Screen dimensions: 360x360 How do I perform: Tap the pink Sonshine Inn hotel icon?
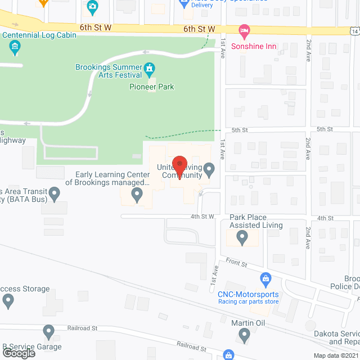(244, 30)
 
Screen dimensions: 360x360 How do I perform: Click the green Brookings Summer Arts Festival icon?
(149, 70)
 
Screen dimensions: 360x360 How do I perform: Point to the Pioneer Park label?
(151, 87)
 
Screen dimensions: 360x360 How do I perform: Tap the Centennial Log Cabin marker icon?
(16, 49)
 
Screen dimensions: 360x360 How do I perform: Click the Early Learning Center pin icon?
(137, 195)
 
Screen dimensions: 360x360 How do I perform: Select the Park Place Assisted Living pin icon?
(242, 238)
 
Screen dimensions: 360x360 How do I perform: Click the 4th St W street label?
(202, 217)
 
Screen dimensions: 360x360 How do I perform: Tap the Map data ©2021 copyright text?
(335, 355)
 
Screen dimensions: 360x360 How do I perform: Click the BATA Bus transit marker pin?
(55, 195)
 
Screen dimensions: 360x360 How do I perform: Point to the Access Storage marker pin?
(8, 302)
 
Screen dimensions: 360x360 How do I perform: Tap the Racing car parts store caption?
(248, 301)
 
